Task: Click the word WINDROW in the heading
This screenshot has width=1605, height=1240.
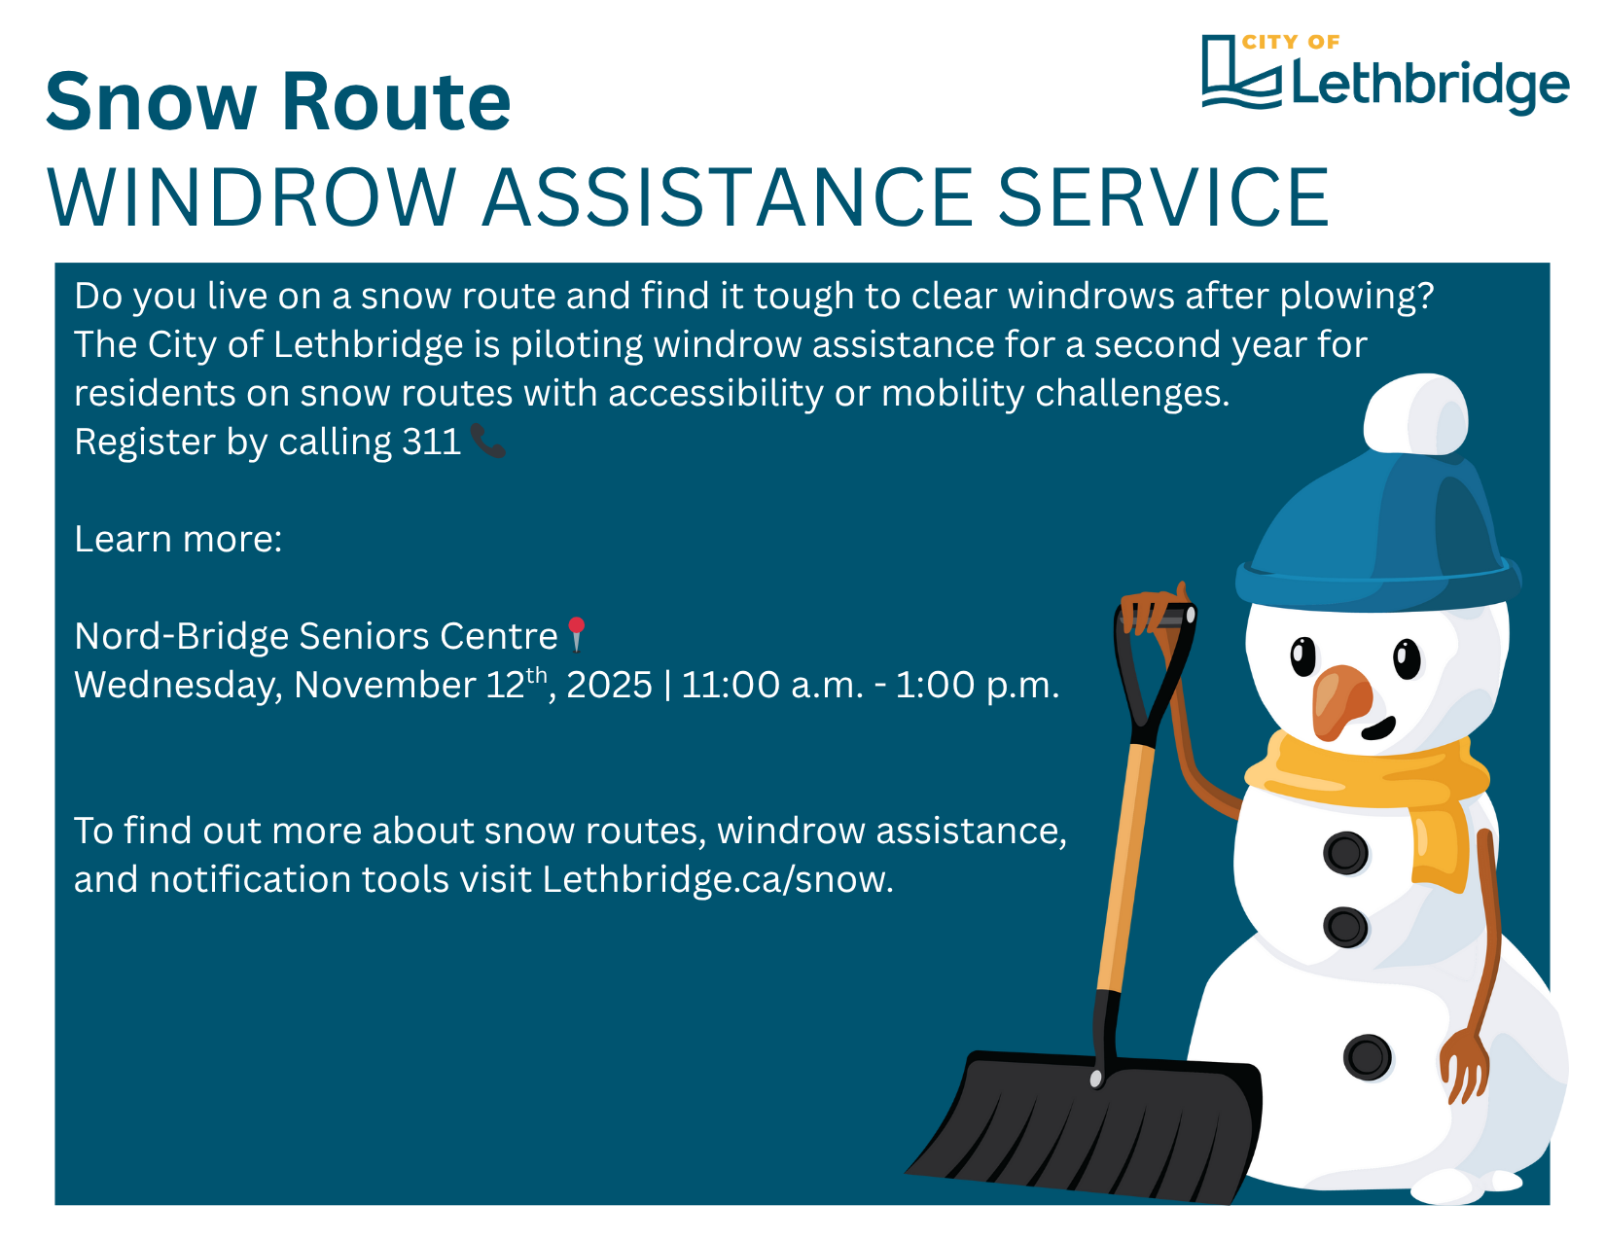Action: tap(251, 197)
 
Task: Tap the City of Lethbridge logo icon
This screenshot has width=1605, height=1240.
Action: tap(1240, 72)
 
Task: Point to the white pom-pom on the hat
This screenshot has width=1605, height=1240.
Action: tap(1415, 414)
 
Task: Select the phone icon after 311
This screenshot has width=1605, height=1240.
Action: tap(487, 441)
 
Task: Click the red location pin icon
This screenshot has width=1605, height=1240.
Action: tap(576, 634)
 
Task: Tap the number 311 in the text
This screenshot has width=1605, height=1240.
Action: tap(431, 442)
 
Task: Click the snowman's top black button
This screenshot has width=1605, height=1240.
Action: tap(1345, 853)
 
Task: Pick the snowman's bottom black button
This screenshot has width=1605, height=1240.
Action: tap(1367, 1057)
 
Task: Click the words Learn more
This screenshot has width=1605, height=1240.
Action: tap(177, 539)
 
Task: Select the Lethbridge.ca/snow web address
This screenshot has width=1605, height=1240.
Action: tap(717, 879)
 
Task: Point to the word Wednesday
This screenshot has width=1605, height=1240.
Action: tap(178, 686)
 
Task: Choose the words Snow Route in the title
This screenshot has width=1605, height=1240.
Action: tap(278, 101)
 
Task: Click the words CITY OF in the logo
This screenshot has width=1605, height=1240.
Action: tap(1291, 42)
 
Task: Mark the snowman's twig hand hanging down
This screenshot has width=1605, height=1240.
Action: tap(1464, 1066)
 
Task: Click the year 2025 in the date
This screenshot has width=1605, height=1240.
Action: tap(609, 685)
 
